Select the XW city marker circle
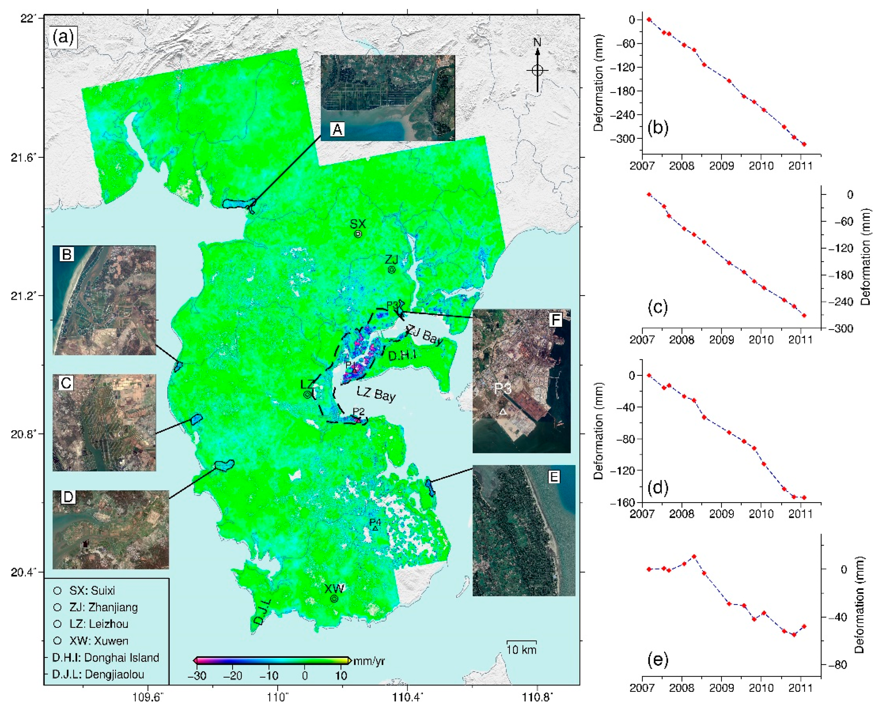[334, 598]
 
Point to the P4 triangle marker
[375, 529]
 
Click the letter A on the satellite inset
[337, 130]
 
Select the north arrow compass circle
[537, 71]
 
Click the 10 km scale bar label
[521, 649]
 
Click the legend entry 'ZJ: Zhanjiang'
[103, 607]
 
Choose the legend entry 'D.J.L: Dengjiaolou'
[98, 674]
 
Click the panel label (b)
[657, 128]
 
